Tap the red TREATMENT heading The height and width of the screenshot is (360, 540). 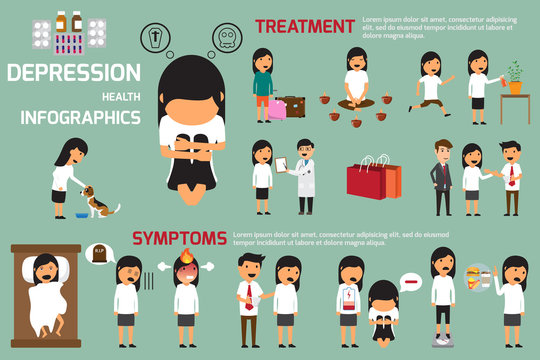[x=304, y=25]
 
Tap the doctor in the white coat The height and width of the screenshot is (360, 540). [x=304, y=175]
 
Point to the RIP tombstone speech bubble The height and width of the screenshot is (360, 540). [x=99, y=255]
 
